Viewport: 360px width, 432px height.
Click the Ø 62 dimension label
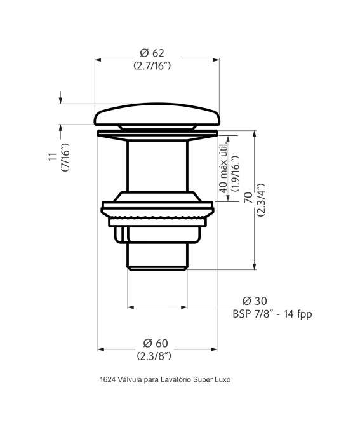point(152,53)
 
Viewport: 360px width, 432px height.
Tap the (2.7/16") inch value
point(152,65)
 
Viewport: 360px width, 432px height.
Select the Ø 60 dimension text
point(156,343)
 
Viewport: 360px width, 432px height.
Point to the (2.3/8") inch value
point(154,356)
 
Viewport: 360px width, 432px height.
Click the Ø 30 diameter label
point(254,300)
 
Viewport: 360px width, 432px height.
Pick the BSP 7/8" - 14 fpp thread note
point(272,314)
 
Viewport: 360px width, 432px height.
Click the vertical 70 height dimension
point(248,198)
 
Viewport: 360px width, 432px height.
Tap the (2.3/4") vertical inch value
point(260,199)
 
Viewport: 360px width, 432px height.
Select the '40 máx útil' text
point(223,168)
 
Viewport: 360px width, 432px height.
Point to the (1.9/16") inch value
point(236,173)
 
